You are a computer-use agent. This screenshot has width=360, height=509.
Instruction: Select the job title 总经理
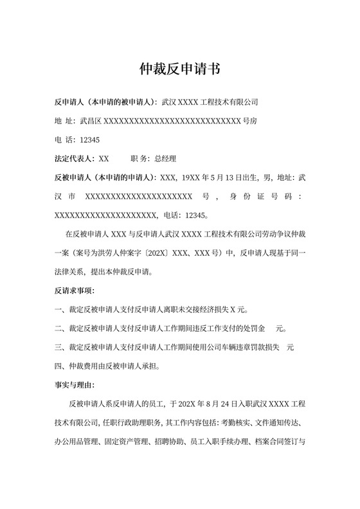pyautogui.click(x=165, y=158)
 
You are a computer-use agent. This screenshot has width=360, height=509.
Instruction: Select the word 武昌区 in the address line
pyautogui.click(x=91, y=120)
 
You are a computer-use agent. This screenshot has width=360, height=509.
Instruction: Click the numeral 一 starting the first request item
pyautogui.click(x=59, y=309)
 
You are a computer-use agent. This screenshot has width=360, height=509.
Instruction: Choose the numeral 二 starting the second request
pyautogui.click(x=59, y=329)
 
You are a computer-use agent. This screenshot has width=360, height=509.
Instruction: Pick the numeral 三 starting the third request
pyautogui.click(x=59, y=348)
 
